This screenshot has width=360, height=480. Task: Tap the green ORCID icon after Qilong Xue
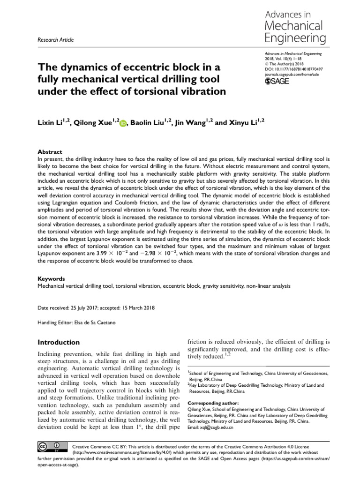click(x=123, y=123)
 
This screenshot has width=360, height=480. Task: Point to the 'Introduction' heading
click(x=59, y=342)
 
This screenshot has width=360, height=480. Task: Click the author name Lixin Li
click(x=51, y=123)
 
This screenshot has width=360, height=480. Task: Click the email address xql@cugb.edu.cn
click(x=217, y=427)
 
